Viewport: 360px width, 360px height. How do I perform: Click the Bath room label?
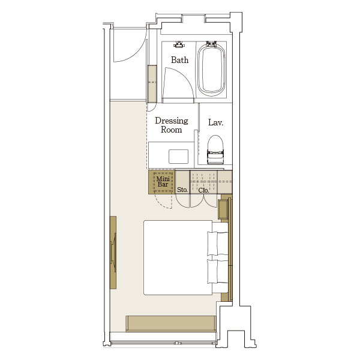pos(179,60)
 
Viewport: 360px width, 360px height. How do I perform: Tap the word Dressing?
pos(172,121)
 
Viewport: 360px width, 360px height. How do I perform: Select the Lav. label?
pos(215,122)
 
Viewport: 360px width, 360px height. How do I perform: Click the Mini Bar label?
pos(163,182)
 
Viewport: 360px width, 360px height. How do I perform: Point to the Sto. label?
pos(182,190)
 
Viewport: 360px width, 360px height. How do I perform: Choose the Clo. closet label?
pos(203,190)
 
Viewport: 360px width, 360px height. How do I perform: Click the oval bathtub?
pos(211,70)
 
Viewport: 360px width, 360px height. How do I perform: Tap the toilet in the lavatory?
pos(215,149)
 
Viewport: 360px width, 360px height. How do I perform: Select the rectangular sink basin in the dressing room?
pos(179,157)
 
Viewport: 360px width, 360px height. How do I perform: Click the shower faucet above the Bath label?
pos(179,44)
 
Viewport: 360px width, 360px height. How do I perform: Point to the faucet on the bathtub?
pos(211,44)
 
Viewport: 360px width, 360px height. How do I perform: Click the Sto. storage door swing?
pos(183,201)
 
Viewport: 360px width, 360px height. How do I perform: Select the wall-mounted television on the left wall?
pos(113,253)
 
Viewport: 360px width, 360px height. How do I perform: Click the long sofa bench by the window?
pos(171,323)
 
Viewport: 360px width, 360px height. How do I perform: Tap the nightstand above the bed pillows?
pos(223,209)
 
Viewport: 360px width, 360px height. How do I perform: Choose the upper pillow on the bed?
pos(218,244)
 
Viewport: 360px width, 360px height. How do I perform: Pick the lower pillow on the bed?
pos(218,271)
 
